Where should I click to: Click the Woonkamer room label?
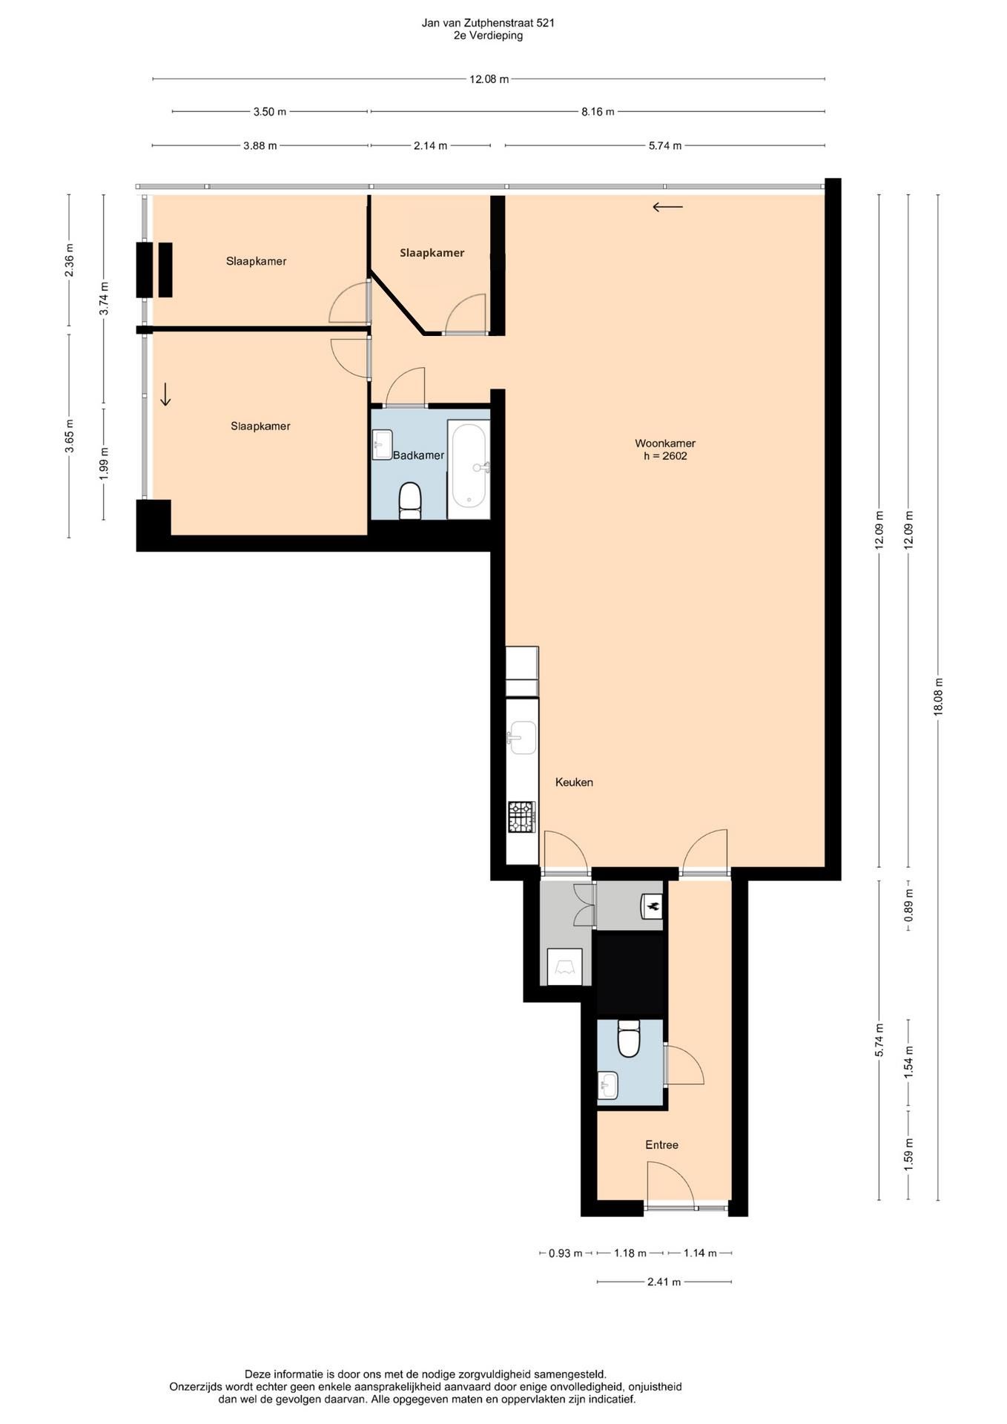pos(665,444)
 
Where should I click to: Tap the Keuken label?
pos(574,782)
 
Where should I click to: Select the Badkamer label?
pos(418,455)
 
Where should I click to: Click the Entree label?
pos(661,1144)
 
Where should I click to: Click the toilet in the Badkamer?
pos(410,500)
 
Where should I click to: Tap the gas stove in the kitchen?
pos(521,817)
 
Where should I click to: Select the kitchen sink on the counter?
pos(521,737)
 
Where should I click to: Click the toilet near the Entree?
pos(629,1038)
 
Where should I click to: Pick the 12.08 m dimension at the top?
pos(489,79)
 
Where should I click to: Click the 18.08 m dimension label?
pos(938,696)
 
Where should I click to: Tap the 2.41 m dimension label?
pos(664,1282)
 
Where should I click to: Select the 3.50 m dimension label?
pos(269,112)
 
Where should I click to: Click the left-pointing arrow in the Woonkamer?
pos(667,207)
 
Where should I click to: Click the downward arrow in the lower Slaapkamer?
pos(165,395)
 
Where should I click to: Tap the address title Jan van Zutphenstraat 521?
pos(488,23)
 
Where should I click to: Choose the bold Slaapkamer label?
pos(432,253)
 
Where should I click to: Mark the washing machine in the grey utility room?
pos(564,967)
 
